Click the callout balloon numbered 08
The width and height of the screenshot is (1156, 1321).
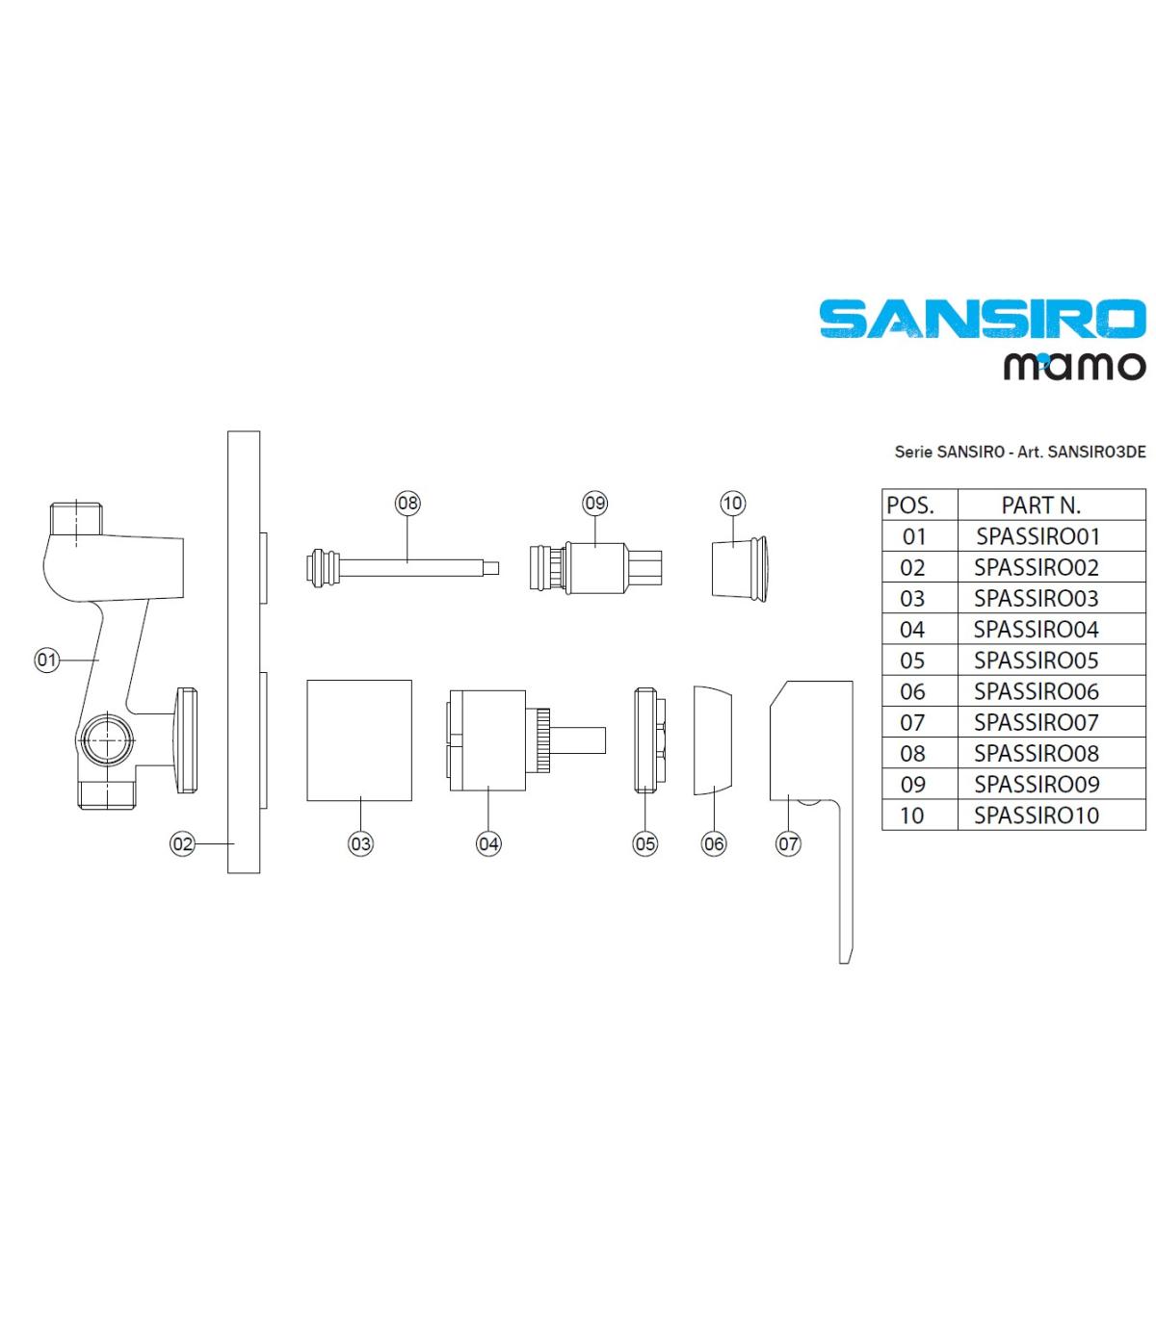(x=407, y=503)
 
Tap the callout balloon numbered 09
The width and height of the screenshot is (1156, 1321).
(x=594, y=503)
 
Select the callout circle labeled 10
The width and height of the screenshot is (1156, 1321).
(x=732, y=503)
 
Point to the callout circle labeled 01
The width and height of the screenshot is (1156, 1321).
(x=46, y=660)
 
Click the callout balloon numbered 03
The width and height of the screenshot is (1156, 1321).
(x=360, y=843)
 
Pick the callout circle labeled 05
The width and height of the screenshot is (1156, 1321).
(x=645, y=843)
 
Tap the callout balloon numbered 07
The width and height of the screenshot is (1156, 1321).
(x=788, y=843)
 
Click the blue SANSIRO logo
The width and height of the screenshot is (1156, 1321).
(x=983, y=319)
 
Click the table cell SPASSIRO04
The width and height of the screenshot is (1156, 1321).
(x=1036, y=629)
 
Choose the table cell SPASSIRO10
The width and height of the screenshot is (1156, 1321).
(x=1037, y=815)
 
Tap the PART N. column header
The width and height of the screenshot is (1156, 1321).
(x=1041, y=505)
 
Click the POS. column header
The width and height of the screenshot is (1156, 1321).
(x=910, y=505)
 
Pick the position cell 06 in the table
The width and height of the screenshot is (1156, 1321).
(x=912, y=691)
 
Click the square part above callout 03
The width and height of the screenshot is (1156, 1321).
(x=359, y=739)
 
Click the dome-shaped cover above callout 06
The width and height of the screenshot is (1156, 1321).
(x=712, y=739)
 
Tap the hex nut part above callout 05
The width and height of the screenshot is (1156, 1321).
(x=649, y=739)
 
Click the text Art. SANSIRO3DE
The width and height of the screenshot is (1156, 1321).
(x=1082, y=452)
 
